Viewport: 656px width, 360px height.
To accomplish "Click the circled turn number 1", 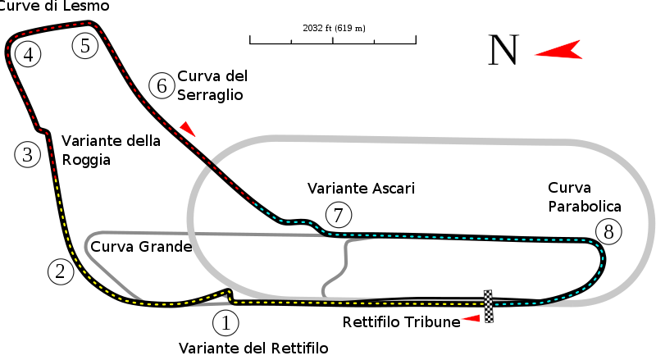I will (x=225, y=322).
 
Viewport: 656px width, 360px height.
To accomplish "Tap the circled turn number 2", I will (x=61, y=271).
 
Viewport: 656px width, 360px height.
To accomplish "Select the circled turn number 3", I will (x=27, y=154).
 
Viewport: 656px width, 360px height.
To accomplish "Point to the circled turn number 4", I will (x=28, y=55).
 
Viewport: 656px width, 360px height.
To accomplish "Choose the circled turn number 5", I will (x=85, y=45).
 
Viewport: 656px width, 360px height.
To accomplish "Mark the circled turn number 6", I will (x=162, y=85).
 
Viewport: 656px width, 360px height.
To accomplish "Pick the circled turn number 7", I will (x=338, y=215).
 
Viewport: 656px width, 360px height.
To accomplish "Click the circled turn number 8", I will (x=608, y=232).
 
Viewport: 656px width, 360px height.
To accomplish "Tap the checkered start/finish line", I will (x=488, y=305).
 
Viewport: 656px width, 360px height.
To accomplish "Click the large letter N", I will (x=503, y=51).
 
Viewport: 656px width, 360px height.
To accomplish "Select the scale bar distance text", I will (x=334, y=28).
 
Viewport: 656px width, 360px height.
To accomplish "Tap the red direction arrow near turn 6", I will (x=189, y=129).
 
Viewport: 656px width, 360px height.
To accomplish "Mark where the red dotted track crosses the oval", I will (x=212, y=166).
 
